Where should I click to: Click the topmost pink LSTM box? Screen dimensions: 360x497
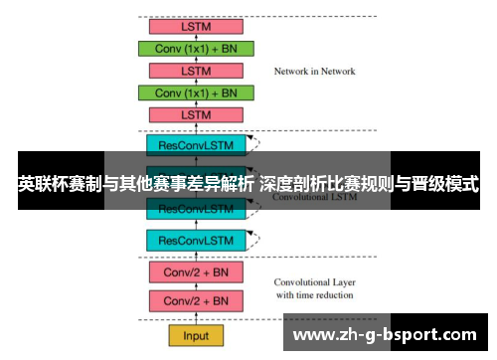pos(197,27)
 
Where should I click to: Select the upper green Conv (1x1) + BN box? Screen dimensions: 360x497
pos(197,49)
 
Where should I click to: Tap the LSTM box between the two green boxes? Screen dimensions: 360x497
pos(197,71)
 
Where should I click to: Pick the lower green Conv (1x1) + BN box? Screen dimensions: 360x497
pos(197,92)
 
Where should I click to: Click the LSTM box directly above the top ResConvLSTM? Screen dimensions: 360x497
pos(197,115)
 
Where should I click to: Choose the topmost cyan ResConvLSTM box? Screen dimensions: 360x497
pos(196,145)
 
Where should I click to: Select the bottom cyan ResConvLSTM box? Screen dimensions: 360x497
pos(196,240)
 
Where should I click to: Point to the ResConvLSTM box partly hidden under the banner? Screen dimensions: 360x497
pos(196,209)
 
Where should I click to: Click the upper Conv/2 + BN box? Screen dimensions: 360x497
pos(196,271)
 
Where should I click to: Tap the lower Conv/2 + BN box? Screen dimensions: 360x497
pos(196,301)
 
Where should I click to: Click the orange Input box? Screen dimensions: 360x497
pos(196,334)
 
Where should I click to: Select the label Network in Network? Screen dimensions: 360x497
pos(314,72)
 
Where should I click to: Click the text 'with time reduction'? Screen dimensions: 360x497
pos(314,294)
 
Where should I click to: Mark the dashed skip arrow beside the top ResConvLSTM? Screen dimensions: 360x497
pos(256,145)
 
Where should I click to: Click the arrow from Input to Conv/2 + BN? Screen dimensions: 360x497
pos(196,317)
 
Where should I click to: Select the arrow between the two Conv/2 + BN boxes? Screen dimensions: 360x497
pos(196,286)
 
